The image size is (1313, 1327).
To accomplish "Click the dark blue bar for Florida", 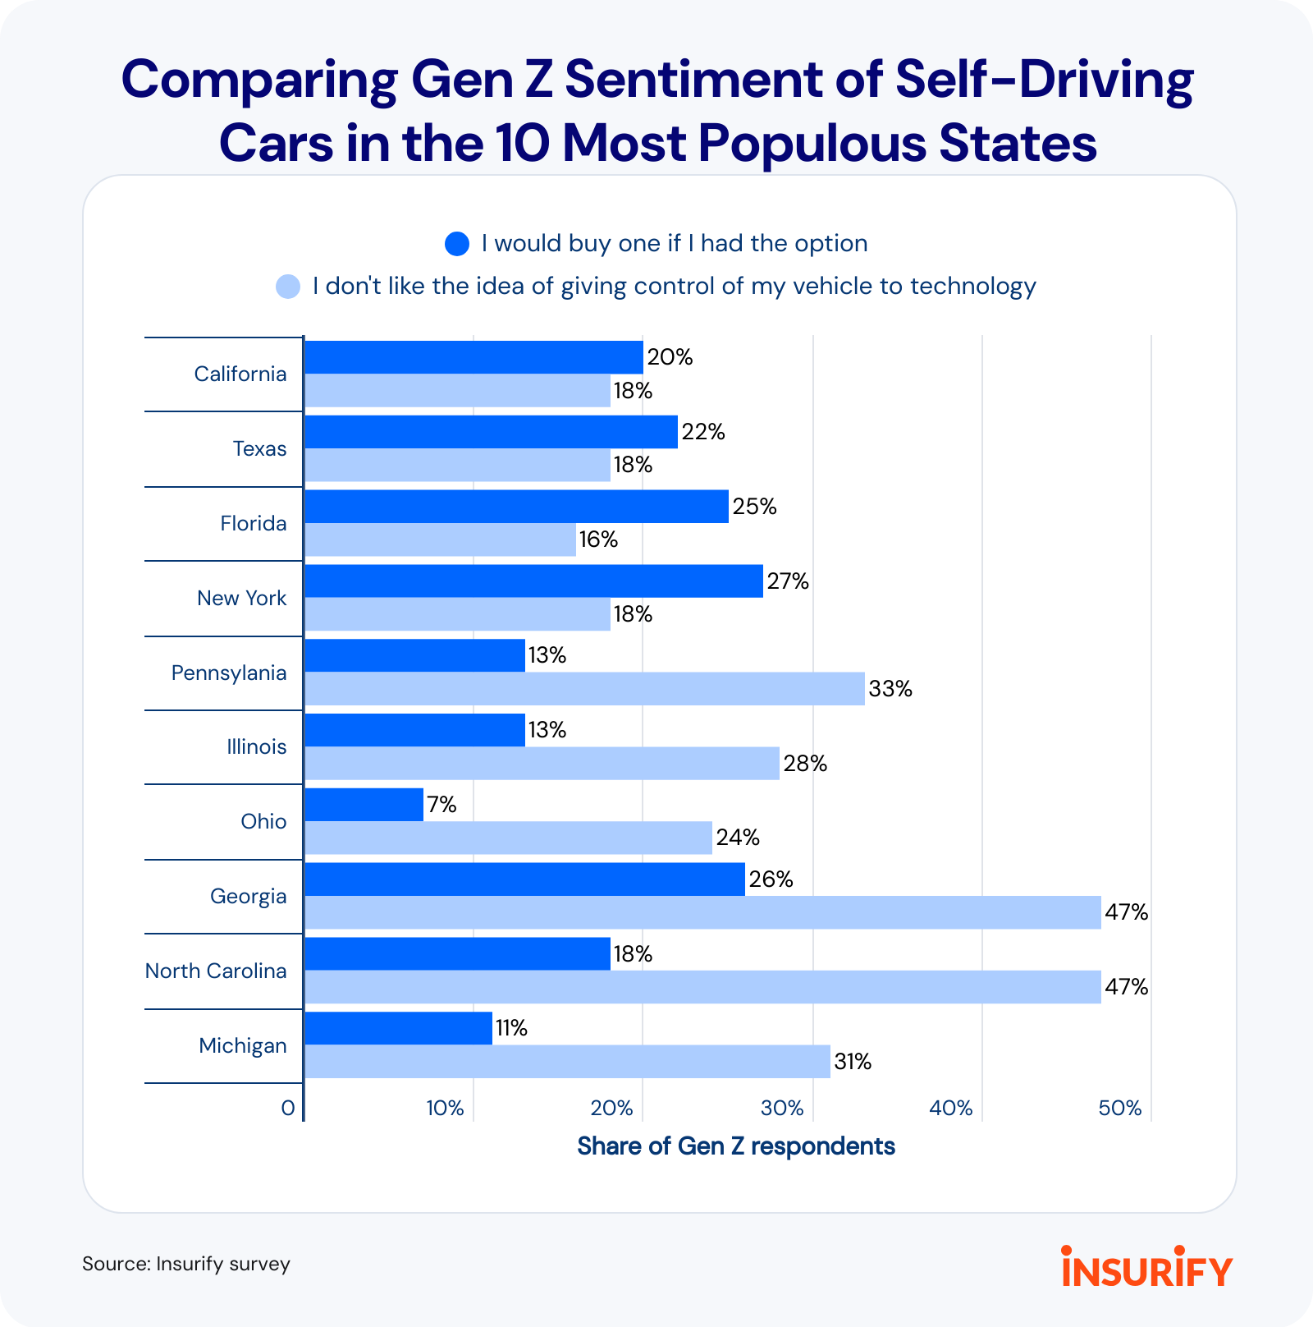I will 516,507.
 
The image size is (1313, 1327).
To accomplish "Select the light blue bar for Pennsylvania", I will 584,689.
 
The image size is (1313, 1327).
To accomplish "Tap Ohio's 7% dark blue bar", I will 364,805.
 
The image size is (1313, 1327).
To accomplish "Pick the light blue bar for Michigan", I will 567,1062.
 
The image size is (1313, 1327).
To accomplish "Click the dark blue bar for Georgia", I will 524,879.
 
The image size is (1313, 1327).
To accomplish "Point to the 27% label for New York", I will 788,581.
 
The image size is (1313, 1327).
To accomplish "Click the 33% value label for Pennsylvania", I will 890,689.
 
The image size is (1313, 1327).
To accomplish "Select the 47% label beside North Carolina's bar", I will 1126,987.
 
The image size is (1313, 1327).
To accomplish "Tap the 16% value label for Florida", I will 598,540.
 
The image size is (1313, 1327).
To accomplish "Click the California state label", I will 240,374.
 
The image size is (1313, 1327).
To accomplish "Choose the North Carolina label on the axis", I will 216,971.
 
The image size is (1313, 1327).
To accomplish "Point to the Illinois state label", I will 257,747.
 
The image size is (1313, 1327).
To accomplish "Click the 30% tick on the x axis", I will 781,1109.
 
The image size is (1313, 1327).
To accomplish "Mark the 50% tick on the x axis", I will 1119,1109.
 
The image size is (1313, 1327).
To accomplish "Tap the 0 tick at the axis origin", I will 287,1109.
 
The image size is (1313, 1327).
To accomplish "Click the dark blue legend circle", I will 456,244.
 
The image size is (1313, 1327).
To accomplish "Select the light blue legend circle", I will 288,287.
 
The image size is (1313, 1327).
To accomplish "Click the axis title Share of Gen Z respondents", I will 735,1146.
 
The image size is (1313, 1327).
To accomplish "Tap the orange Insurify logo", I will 1146,1266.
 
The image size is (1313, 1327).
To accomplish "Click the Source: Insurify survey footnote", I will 186,1264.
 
